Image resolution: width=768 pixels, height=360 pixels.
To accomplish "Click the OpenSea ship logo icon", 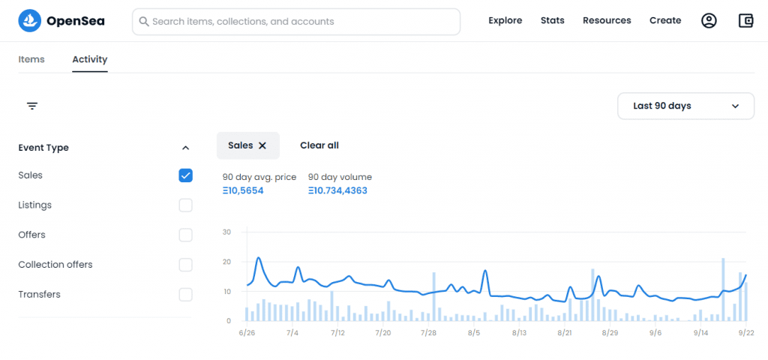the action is coord(29,20).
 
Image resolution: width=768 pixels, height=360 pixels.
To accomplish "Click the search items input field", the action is coord(296,22).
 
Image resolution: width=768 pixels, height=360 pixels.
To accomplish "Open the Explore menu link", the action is coord(505,20).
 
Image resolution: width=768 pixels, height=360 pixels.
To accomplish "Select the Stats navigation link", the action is coord(553,20).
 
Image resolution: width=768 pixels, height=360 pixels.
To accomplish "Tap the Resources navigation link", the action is coord(607,20).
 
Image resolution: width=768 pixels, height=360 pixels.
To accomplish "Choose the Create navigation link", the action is coord(665,20).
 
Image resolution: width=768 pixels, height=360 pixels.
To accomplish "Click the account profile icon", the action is coord(709,20).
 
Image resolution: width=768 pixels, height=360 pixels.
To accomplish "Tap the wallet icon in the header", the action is coord(745,20).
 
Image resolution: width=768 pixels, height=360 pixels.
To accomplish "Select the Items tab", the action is coord(31,59).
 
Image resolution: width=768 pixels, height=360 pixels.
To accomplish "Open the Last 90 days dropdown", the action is coord(685,106).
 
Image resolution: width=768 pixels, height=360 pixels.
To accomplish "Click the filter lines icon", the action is coord(32,106).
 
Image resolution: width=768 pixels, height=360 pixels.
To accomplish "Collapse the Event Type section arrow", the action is coord(185,148).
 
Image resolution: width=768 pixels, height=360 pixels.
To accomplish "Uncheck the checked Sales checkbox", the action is coord(186,175).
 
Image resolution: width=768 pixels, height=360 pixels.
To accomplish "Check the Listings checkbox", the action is coord(186,205).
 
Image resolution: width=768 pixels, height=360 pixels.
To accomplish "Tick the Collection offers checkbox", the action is coord(186,265).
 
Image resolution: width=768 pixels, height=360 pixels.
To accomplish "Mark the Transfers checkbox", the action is coord(186,295).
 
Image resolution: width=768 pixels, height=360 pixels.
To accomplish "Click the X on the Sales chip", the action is coord(262,145).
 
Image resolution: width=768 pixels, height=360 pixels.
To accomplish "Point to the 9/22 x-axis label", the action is coord(746,333).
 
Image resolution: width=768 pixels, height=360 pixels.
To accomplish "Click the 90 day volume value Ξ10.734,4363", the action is coord(337,190).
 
